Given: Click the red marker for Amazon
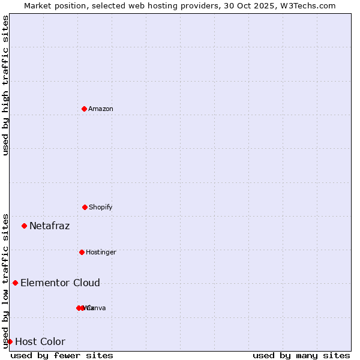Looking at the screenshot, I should [x=84, y=109].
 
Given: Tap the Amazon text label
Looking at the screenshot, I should [x=101, y=109].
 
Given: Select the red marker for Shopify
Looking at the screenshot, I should [x=85, y=207].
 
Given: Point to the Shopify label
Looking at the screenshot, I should [x=101, y=207].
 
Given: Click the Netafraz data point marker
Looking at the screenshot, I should [x=24, y=226].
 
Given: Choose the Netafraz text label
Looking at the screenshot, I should [x=49, y=226].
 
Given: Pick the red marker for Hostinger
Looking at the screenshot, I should [x=82, y=252].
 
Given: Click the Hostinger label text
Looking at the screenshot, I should [x=101, y=252].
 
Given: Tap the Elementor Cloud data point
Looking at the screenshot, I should [x=15, y=283].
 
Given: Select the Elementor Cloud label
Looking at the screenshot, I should [x=60, y=283].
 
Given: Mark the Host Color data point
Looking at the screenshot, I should [x=10, y=341].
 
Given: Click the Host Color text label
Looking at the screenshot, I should [x=40, y=342].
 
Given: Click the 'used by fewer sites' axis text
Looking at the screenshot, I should [x=62, y=355].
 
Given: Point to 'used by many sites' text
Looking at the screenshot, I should [x=301, y=355].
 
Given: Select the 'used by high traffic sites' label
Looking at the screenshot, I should [x=5, y=85].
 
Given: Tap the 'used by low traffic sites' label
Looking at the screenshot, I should [x=5, y=280].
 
